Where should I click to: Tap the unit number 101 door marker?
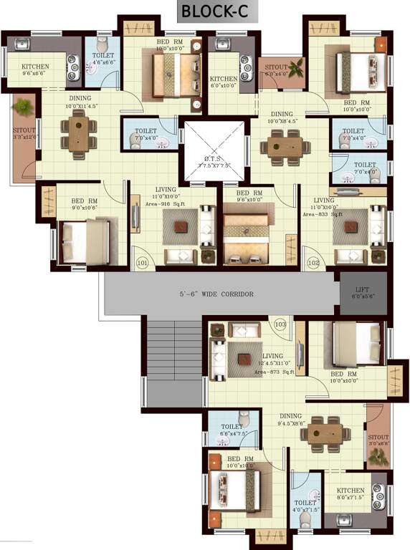142,263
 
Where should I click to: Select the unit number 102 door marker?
312,263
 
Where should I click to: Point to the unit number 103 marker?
280,326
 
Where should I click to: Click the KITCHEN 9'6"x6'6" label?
25,69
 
